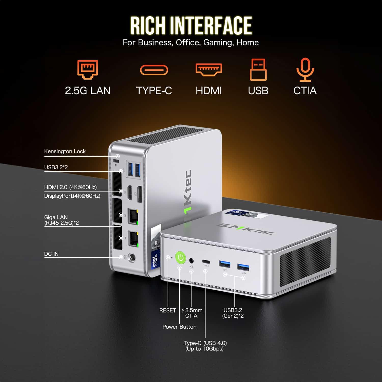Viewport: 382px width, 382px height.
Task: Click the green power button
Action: pos(181,257)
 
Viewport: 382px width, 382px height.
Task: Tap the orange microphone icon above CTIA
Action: pos(305,70)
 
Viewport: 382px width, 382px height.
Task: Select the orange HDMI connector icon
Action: pos(209,70)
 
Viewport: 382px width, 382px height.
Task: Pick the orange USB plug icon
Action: pos(258,70)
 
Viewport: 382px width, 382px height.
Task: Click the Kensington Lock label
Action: pos(65,151)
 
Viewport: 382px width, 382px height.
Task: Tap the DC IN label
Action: pos(51,254)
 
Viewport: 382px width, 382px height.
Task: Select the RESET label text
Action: pos(168,310)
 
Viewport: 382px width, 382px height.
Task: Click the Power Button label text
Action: pos(179,327)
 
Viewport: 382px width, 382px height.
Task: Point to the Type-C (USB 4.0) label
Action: pos(205,346)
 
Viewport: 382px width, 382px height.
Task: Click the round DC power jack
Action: pos(132,257)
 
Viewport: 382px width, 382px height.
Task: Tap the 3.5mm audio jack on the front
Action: pos(192,261)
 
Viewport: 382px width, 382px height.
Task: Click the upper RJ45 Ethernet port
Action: pos(133,216)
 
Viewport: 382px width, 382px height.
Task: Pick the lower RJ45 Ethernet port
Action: pos(133,239)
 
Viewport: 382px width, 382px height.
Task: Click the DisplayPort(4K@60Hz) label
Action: pos(72,196)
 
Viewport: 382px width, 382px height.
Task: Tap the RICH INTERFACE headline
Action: pos(191,25)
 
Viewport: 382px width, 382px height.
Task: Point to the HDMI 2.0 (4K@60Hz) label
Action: pos(71,187)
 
